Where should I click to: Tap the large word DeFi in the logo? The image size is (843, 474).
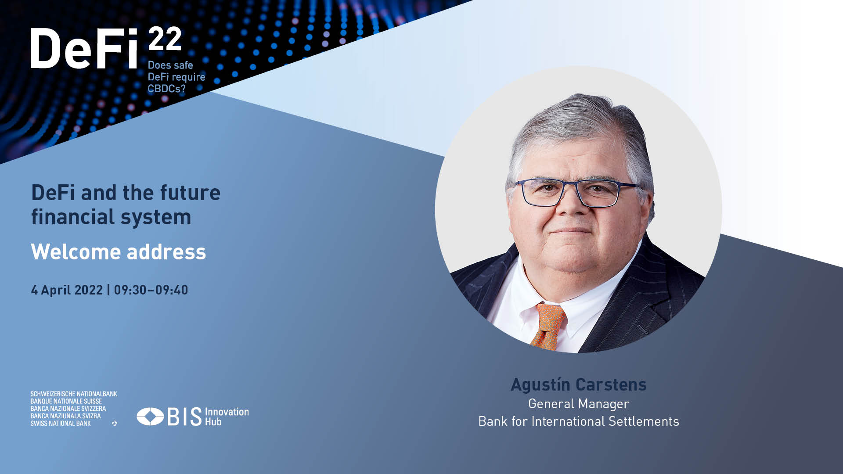click(85, 48)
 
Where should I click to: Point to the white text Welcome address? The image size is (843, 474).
click(118, 252)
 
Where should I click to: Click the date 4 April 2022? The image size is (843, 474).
click(67, 290)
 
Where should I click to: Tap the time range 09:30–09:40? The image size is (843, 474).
click(151, 290)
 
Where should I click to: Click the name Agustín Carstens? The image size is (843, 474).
click(579, 384)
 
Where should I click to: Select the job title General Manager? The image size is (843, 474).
click(579, 404)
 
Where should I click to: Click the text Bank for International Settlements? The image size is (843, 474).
click(579, 421)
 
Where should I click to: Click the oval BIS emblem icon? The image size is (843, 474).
click(150, 417)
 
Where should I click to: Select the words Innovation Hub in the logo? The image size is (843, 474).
click(227, 417)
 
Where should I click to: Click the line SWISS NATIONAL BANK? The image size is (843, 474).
click(61, 424)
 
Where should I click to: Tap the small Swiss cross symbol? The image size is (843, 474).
click(115, 424)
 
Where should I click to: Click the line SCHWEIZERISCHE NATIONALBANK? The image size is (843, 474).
click(74, 394)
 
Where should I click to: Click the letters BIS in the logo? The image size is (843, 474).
click(184, 417)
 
